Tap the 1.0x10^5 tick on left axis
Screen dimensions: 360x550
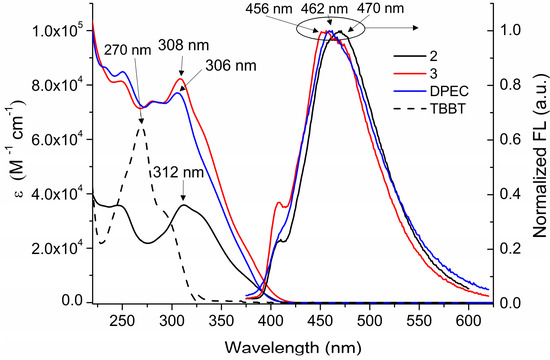[x=55, y=32]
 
